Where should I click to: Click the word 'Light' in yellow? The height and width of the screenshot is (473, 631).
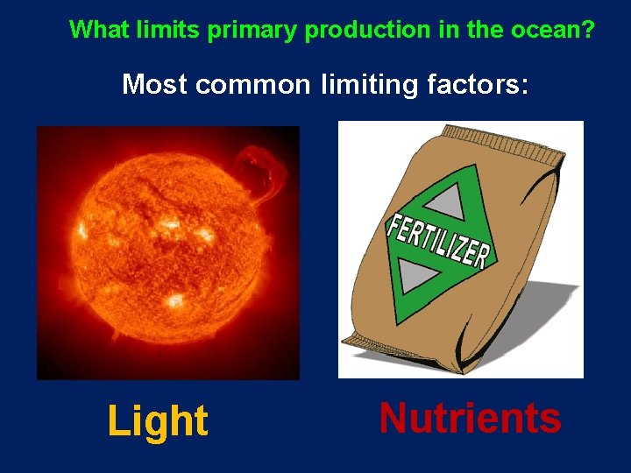158,421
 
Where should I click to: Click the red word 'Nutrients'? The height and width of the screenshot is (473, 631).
470,418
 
